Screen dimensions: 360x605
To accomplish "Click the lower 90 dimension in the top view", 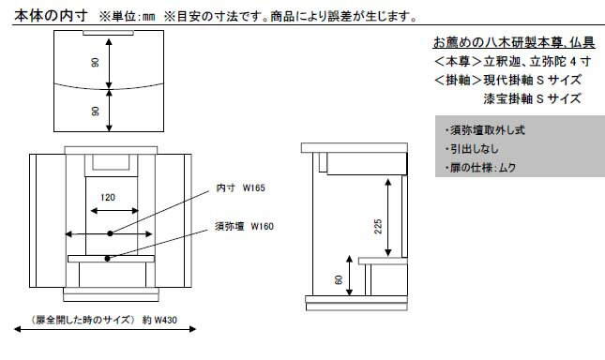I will click(96, 111).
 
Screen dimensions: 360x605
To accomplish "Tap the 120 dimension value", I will click(108, 198).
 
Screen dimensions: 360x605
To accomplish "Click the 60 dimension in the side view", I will click(337, 278).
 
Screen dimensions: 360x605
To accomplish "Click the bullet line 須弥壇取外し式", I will click(482, 130).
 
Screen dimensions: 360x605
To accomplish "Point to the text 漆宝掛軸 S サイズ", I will click(531, 97).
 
